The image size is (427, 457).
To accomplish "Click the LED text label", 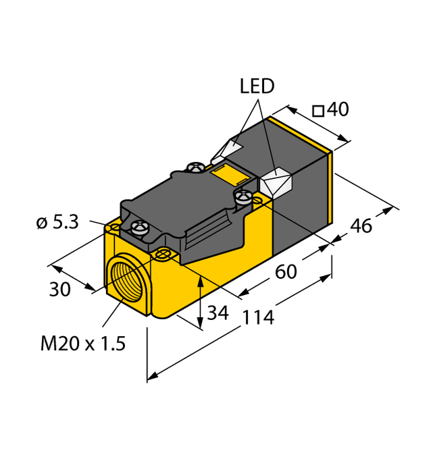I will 257,86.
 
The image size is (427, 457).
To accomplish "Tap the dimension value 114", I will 259,317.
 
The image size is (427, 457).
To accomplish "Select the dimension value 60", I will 286,272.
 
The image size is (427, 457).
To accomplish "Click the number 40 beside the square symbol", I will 338,109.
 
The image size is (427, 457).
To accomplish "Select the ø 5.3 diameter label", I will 59,221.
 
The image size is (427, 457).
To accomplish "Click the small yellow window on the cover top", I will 232,177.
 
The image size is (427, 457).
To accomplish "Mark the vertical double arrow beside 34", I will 201,302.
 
